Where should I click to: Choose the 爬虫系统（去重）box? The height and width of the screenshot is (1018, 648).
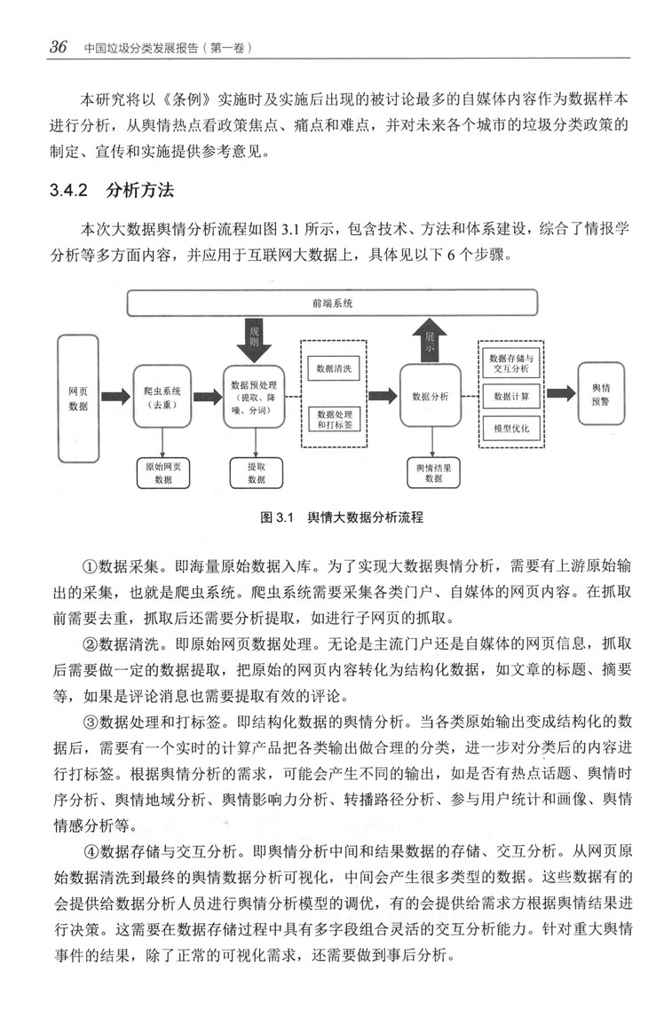tap(162, 397)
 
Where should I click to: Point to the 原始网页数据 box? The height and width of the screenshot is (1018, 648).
tap(162, 473)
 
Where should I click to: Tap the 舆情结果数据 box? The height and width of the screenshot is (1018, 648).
tap(433, 473)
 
